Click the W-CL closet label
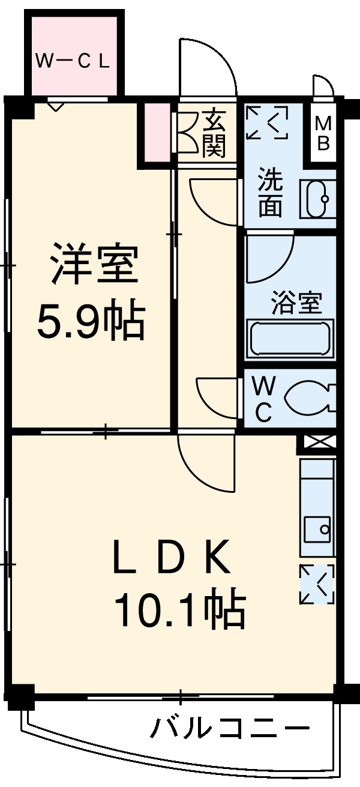pos(73,61)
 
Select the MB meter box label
pos(323,133)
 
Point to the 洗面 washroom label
pos(271,194)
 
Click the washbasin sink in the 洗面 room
pos(316,199)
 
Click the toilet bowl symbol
pos(309,398)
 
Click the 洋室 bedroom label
pos(95,264)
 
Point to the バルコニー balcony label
pos(230,729)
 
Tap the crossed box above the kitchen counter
pos(317,444)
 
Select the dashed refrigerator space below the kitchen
pos(317,584)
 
